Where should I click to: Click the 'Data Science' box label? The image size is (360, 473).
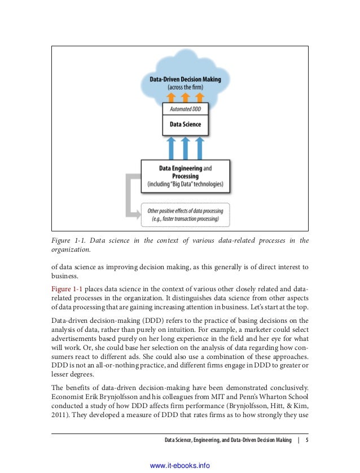pyautogui.click(x=185, y=124)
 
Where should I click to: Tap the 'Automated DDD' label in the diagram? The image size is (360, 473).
pyautogui.click(x=185, y=108)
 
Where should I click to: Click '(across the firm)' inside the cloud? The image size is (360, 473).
pyautogui.click(x=185, y=87)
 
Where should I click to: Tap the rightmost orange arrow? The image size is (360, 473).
pyautogui.click(x=200, y=97)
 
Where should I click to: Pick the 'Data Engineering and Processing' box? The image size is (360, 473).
pyautogui.click(x=185, y=176)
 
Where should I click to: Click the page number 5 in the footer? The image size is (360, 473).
pyautogui.click(x=306, y=440)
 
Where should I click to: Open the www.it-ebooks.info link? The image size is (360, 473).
pyautogui.click(x=180, y=465)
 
